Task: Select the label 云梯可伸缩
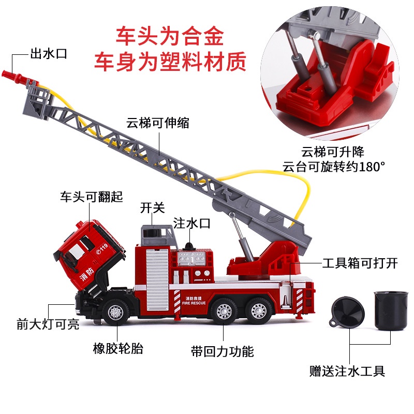(x=158, y=123)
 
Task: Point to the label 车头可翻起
(x=92, y=197)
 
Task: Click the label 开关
(x=152, y=208)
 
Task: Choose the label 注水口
(x=192, y=223)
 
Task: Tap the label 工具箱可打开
(x=360, y=263)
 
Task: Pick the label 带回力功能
(x=223, y=352)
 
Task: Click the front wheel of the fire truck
(x=115, y=312)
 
